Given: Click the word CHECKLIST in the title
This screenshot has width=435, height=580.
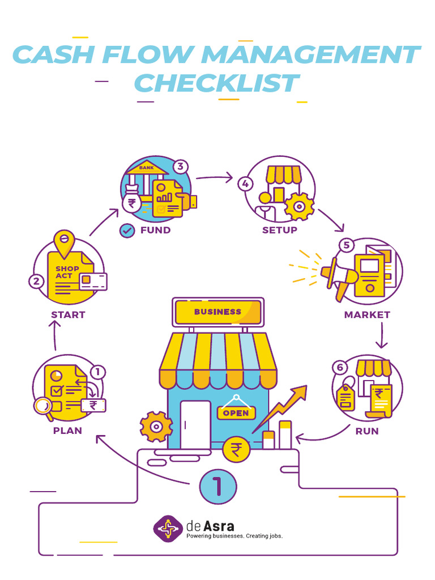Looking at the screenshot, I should (216, 84).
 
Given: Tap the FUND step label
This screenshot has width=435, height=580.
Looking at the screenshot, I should (155, 230).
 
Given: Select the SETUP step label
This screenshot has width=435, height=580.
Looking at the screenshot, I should (279, 230).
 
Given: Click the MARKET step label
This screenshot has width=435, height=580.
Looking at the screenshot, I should (367, 314).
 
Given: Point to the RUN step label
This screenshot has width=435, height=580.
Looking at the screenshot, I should (367, 431).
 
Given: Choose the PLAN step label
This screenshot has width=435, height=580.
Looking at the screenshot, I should (67, 430).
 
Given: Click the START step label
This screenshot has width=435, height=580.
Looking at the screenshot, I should (68, 315).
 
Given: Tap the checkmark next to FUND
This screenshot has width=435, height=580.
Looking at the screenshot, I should (127, 231).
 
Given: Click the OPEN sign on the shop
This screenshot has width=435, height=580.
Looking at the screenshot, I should (236, 413).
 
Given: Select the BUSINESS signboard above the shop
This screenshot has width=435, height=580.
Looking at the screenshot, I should (218, 312).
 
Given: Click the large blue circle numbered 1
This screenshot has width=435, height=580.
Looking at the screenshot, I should (217, 486).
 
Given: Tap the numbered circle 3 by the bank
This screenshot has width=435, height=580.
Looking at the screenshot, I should (180, 167).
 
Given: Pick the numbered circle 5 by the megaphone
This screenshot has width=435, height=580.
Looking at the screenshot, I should (346, 245).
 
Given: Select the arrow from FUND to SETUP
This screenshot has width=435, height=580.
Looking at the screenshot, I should (215, 178).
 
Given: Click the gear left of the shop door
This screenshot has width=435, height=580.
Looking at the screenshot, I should (156, 427).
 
